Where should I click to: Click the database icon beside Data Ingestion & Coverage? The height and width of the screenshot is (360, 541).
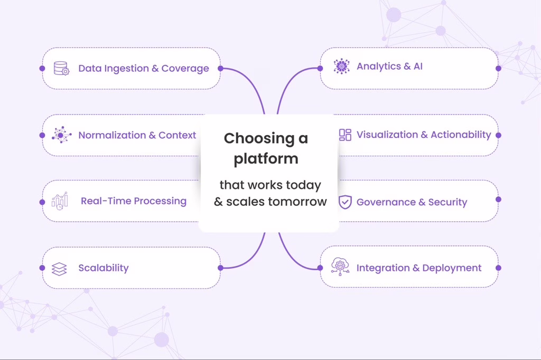61,68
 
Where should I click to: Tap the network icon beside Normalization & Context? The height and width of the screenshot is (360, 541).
61,135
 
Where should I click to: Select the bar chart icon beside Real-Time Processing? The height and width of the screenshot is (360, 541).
60,201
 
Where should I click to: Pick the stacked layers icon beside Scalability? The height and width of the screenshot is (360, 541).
59,269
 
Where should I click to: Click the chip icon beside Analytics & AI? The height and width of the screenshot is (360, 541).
342,66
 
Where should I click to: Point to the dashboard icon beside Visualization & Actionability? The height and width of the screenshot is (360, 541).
345,135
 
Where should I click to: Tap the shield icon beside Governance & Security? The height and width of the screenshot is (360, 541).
345,202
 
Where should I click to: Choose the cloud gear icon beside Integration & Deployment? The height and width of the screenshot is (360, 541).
340,267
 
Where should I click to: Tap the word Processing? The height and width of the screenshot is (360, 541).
160,201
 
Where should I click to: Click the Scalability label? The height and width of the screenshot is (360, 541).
104,268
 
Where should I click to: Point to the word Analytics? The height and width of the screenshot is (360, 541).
378,66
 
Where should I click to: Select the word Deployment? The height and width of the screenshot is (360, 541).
452,268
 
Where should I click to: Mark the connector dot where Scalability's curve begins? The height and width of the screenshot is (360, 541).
221,268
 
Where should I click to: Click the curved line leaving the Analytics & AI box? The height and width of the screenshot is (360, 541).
288,81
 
